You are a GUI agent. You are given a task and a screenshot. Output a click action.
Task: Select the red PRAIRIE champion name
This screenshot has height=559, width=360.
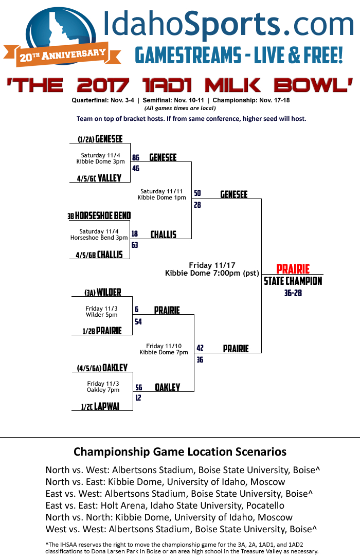[293, 269]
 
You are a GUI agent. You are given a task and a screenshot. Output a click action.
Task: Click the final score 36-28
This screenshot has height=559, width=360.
[293, 293]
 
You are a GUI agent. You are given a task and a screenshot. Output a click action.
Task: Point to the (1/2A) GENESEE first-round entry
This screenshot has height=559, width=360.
[100, 139]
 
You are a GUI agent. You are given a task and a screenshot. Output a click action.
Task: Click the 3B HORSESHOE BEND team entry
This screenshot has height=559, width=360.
[99, 216]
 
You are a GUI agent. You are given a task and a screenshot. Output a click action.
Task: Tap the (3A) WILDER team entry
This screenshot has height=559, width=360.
[103, 293]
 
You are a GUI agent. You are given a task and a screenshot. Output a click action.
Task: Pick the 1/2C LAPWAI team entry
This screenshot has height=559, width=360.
[100, 406]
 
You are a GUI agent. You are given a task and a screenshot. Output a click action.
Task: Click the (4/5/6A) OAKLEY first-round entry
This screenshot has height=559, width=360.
[102, 368]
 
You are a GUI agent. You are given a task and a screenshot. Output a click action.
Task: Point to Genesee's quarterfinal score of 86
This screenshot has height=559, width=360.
[136, 158]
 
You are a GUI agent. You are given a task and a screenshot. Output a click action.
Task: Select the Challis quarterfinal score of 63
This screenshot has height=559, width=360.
[135, 245]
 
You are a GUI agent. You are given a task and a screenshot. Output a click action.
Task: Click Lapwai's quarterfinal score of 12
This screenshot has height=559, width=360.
[138, 398]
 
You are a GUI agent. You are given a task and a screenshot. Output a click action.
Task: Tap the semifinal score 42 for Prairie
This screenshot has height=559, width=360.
[200, 348]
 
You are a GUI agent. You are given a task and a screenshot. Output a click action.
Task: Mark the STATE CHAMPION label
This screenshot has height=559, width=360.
[293, 281]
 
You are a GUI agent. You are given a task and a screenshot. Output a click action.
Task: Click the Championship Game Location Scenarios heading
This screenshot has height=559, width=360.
[180, 452]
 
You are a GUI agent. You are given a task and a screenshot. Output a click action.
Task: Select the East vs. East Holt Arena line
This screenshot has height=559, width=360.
[165, 506]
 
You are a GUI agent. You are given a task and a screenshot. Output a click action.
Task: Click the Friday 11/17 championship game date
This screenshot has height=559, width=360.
[207, 265]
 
